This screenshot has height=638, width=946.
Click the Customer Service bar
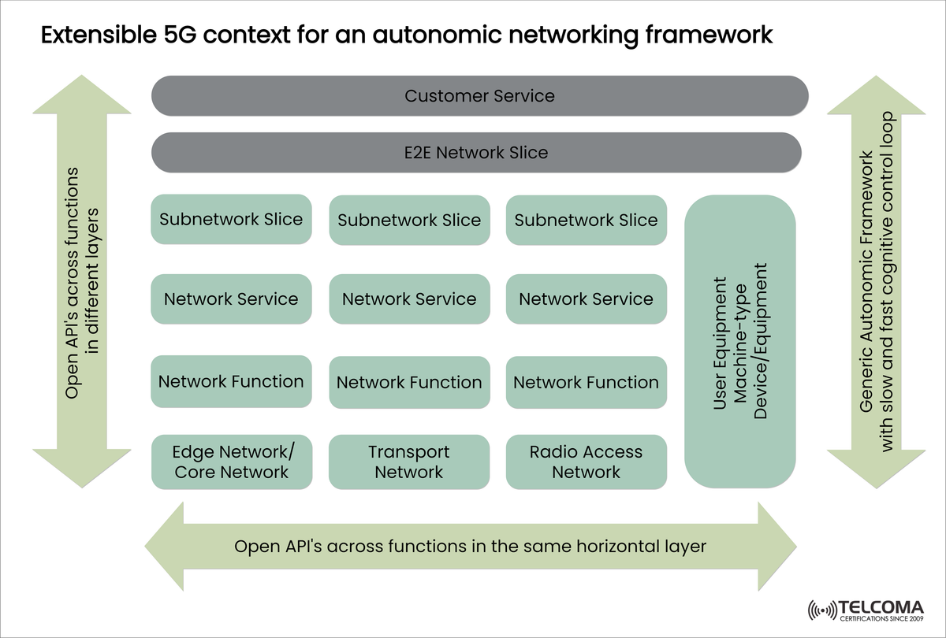coord(479,96)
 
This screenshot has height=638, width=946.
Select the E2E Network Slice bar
coord(476,152)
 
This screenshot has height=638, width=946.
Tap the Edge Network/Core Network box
coord(231,462)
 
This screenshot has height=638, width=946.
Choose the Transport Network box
coord(408,462)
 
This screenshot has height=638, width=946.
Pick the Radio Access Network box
coord(586,462)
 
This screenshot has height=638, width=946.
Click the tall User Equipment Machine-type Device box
coord(739,342)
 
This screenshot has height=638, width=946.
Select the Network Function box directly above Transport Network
coord(408,382)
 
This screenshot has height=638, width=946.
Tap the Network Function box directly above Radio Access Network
coord(586,382)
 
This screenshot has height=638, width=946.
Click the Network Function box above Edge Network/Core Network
coord(231,381)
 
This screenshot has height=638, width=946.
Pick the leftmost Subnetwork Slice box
coord(231,219)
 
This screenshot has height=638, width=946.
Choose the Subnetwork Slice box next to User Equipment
coord(586,220)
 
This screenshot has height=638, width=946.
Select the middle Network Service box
coord(408,299)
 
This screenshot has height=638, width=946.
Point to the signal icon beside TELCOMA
coord(823,611)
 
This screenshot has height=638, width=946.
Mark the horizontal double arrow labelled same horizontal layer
coord(471,546)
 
